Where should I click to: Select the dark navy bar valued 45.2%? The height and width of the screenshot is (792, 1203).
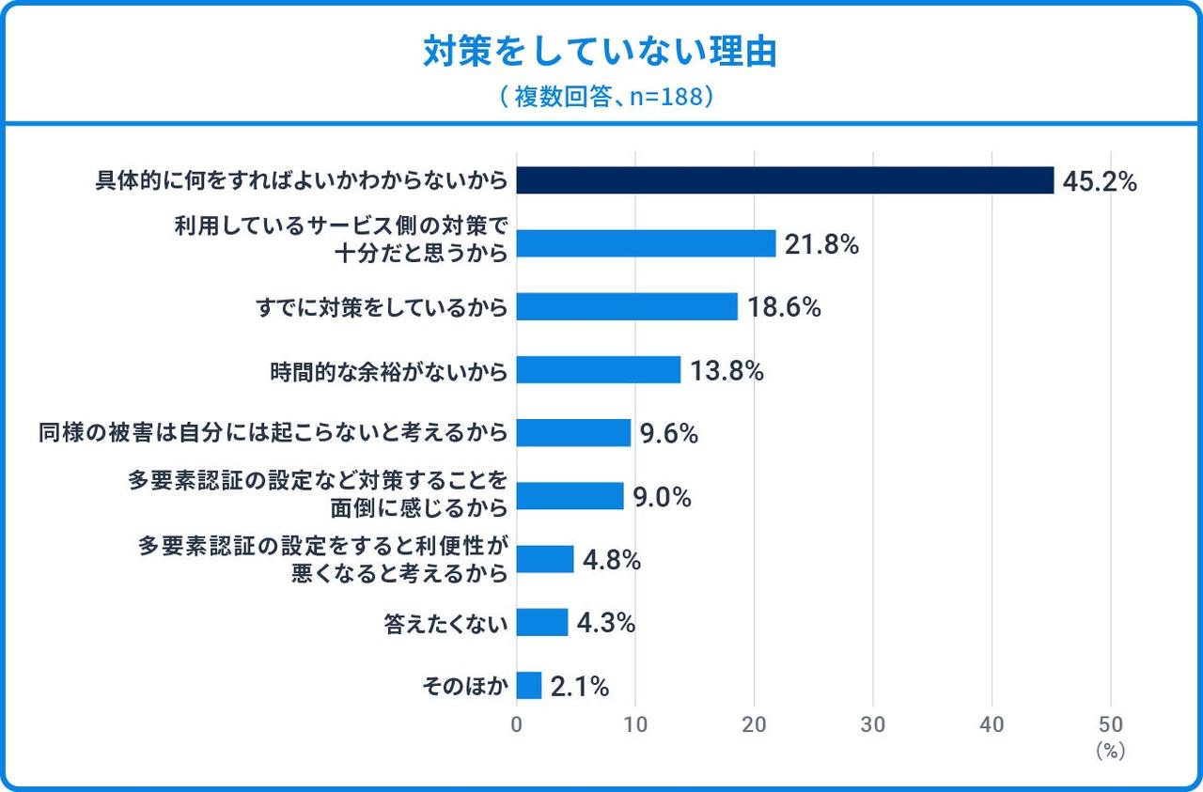click(x=785, y=180)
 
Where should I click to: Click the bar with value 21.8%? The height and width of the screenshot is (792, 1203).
click(x=646, y=244)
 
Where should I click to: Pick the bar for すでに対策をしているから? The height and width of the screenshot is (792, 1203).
click(x=627, y=307)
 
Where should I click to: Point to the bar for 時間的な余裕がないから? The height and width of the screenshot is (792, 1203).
click(x=598, y=370)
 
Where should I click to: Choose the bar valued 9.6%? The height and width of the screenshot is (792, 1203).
click(x=573, y=433)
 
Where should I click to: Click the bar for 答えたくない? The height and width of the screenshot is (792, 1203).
click(x=542, y=622)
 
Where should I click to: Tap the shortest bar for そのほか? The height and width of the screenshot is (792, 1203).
click(x=529, y=686)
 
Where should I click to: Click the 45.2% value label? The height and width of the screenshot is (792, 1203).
click(x=1099, y=181)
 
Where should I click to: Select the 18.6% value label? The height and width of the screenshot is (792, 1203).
click(x=784, y=307)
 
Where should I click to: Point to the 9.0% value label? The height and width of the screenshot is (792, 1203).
click(x=662, y=497)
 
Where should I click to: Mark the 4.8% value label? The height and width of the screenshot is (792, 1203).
click(x=612, y=560)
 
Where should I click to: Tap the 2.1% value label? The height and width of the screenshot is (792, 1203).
click(x=580, y=687)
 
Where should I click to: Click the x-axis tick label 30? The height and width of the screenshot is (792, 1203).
click(x=873, y=724)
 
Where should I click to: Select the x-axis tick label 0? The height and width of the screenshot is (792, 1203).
click(x=517, y=724)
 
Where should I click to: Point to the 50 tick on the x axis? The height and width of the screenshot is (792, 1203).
click(x=1111, y=724)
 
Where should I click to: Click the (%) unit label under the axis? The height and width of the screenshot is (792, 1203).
click(x=1110, y=751)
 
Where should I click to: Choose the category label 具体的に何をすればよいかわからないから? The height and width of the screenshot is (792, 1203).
click(x=302, y=180)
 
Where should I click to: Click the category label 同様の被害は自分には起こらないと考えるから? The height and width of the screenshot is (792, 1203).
click(x=273, y=433)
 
